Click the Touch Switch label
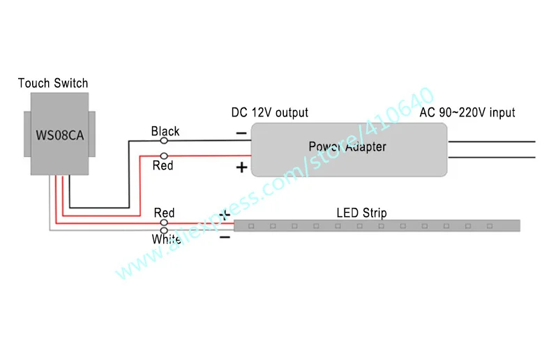coord(53,83)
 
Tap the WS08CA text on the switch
coord(60,135)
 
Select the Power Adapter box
coord(349,149)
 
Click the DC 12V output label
coord(269,112)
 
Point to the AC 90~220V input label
coord(467,112)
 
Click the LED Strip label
coord(361,213)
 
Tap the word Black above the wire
coord(165,131)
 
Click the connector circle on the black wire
coord(164,141)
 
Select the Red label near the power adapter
coord(163,165)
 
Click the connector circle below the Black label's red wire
coord(164,156)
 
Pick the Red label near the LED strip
coord(164,213)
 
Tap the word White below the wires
coord(166,239)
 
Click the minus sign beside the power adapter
coord(241,133)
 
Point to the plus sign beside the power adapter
coord(241,167)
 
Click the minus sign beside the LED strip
coord(225,237)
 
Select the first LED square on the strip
coord(251,226)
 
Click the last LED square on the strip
coord(490,226)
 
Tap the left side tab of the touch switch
coord(27,134)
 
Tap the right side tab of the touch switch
coord(92,134)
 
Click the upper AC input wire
coord(492,142)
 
